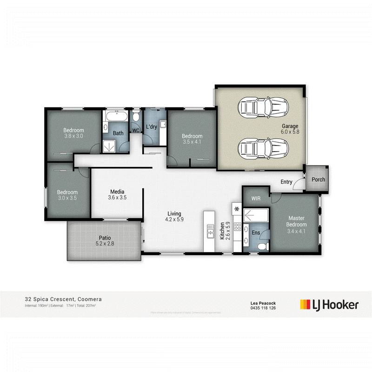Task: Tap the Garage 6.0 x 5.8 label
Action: [289, 129]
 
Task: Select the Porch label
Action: [318, 179]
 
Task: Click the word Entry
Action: [286, 182]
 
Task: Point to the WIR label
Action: [256, 199]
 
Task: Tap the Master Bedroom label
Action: [296, 221]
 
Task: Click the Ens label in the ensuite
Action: [256, 232]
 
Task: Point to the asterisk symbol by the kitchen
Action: [237, 208]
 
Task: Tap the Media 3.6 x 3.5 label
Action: [117, 194]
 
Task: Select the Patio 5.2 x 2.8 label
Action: [104, 240]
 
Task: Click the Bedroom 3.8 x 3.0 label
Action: [73, 133]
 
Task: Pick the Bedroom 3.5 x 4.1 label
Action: [191, 139]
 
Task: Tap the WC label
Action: [136, 131]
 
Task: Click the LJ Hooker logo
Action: [329, 305]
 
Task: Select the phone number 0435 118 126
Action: [263, 307]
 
